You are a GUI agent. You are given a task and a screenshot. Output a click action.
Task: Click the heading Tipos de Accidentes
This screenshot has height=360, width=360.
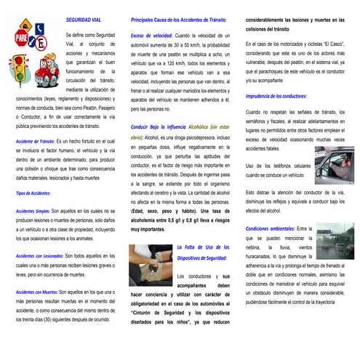pyautogui.click(x=33, y=193)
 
